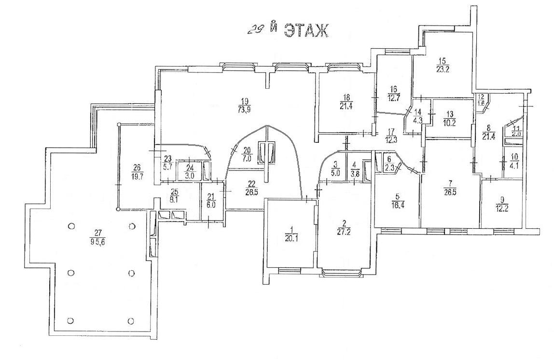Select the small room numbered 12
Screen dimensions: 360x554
pos(481,97)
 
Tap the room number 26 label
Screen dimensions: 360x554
pos(136,167)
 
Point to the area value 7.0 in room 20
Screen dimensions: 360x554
pos(247,159)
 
